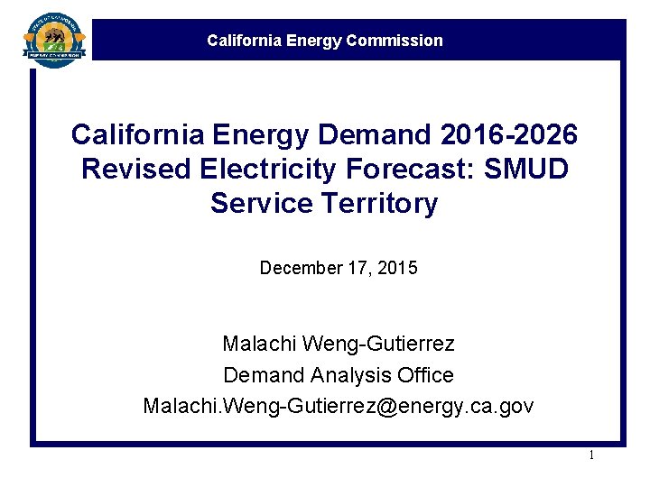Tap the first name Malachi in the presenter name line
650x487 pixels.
pyautogui.click(x=259, y=344)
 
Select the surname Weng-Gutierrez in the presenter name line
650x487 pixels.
pyautogui.click(x=378, y=344)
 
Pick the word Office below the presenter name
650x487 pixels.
pyautogui.click(x=424, y=374)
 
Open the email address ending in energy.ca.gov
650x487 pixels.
pyautogui.click(x=339, y=406)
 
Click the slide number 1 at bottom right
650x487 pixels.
pyautogui.click(x=591, y=455)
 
